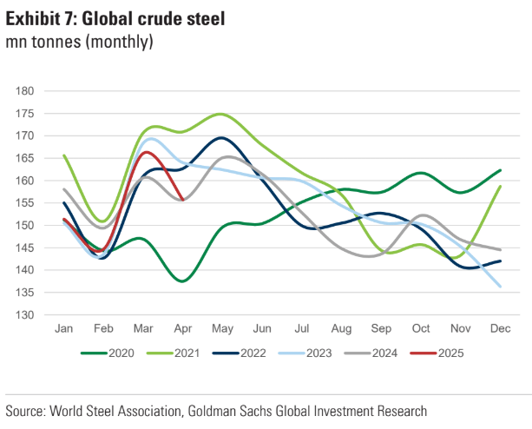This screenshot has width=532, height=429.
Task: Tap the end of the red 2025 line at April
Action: [182, 200]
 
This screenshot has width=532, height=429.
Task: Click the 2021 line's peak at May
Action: [220, 114]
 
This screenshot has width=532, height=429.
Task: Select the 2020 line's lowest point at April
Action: [182, 280]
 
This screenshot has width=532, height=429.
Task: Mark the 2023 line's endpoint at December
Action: [501, 287]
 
